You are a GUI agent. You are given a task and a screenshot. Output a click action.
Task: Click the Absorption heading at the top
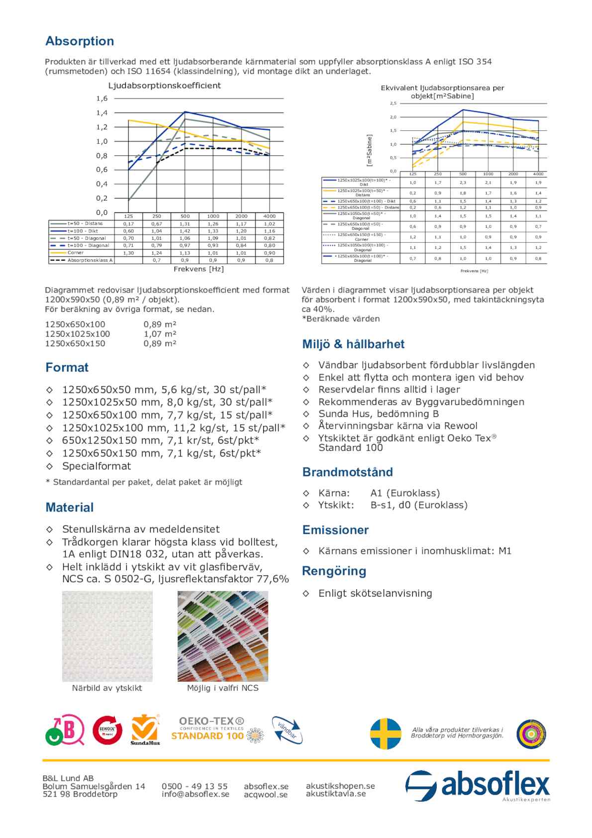80,41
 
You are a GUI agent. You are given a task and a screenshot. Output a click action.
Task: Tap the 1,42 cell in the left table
185,231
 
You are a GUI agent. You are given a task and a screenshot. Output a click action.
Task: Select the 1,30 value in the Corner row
128,253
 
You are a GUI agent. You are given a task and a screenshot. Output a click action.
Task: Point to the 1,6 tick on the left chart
101,99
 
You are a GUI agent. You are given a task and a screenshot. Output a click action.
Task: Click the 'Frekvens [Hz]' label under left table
198,269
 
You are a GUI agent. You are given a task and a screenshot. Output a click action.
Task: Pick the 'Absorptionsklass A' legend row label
90,260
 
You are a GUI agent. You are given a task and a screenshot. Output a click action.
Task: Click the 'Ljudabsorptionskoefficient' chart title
165,86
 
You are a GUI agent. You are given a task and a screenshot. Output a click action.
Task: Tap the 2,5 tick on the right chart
393,104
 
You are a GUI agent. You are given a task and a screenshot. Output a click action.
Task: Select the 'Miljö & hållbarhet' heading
353,344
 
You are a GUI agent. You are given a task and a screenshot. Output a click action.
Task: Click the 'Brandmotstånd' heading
347,472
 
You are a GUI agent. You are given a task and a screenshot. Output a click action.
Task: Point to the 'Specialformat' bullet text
97,466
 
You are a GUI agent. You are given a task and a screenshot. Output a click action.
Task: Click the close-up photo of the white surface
107,636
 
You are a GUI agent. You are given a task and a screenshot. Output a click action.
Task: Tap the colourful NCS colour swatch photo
222,636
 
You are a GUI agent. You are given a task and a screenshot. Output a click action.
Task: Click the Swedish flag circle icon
386,733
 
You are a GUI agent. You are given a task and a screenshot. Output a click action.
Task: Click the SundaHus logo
145,730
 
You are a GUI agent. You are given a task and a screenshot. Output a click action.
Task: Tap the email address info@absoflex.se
196,794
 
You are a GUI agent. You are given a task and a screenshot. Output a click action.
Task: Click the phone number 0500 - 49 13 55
195,786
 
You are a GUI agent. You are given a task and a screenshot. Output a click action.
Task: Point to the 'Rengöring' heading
334,571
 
